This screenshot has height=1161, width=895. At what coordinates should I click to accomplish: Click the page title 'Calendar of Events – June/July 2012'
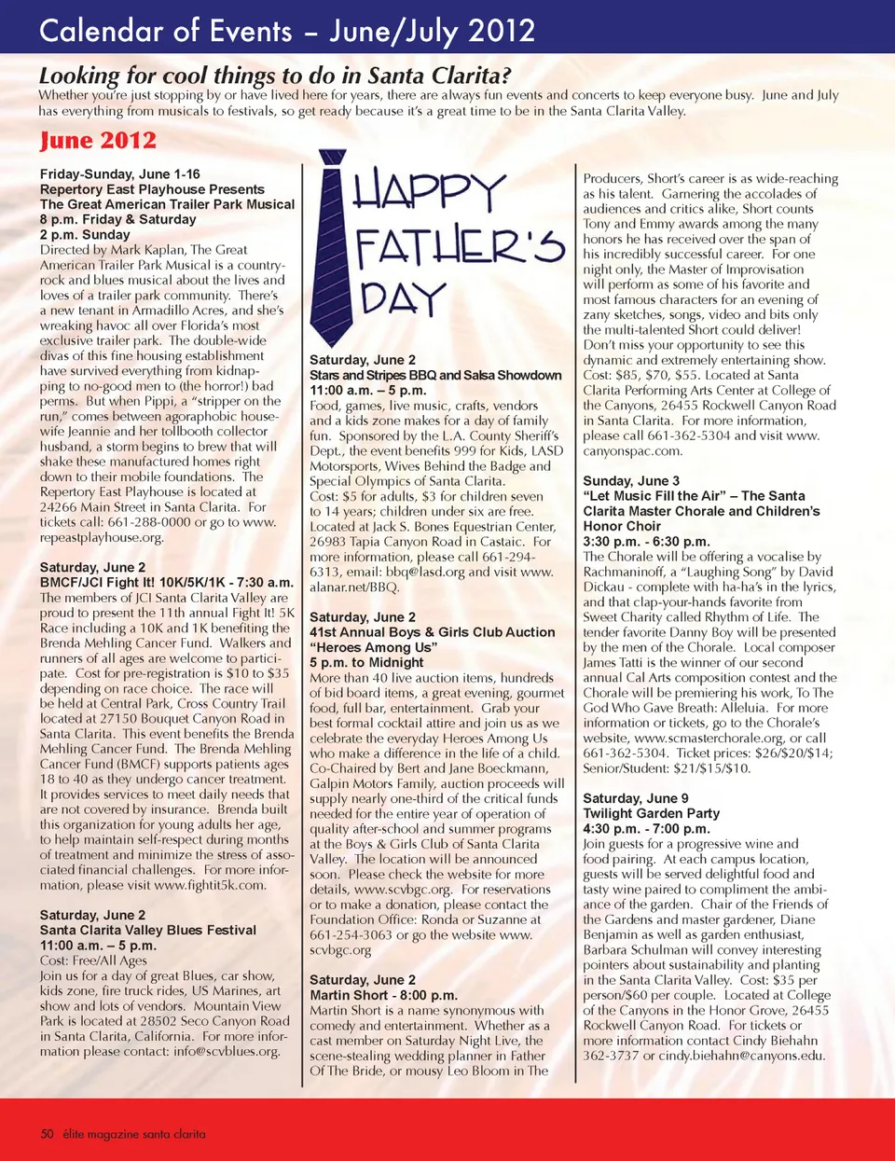pos(287,31)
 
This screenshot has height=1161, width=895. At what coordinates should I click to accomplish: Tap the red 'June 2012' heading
pos(98,141)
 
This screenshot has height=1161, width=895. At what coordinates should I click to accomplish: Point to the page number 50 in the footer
pos(47,1134)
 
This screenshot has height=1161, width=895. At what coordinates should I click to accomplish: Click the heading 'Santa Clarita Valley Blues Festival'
pos(147,930)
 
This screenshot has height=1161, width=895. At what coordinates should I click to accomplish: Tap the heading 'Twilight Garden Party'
pos(651,813)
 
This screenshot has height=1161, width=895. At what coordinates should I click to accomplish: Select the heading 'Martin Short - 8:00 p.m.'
pos(383,995)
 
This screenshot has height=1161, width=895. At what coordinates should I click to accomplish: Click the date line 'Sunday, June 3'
pos(631,481)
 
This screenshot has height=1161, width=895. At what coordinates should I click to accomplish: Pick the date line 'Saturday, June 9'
pos(635,798)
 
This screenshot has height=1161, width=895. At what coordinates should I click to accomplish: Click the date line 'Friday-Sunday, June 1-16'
pos(119,174)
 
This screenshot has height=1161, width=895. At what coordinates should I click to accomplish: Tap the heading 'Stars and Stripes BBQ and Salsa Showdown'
pos(435,375)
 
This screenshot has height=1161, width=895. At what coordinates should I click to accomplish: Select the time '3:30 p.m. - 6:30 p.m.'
pos(646,541)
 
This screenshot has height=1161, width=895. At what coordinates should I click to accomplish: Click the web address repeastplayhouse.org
pos(102,537)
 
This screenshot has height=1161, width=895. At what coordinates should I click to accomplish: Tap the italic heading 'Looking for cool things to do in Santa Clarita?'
pos(275,75)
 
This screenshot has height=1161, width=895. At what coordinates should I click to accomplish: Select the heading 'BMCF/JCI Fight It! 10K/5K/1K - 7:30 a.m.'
pos(166,582)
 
